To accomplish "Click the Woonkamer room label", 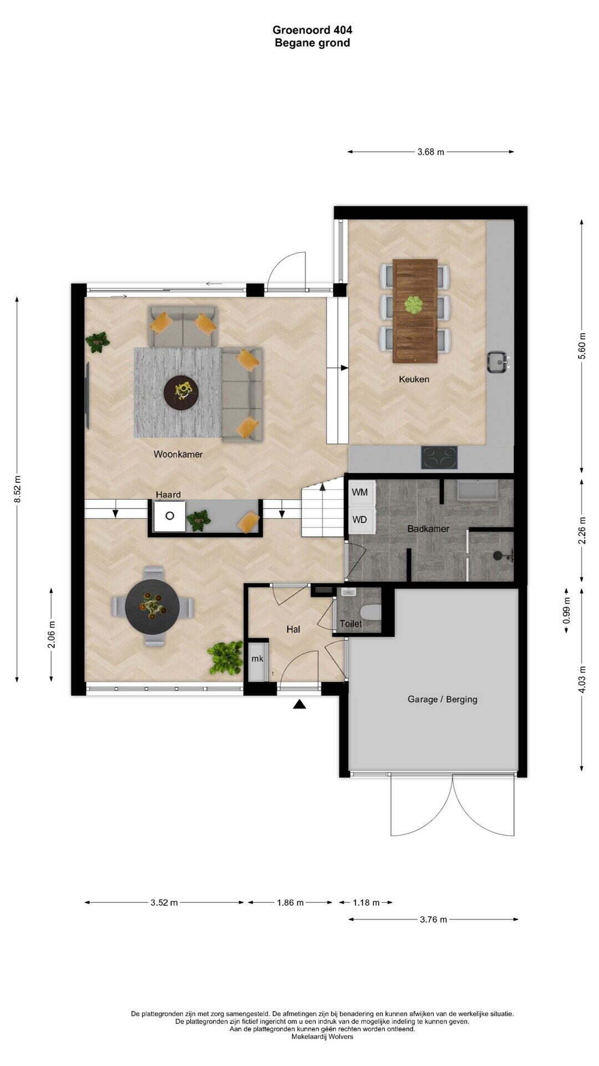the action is tap(178, 454).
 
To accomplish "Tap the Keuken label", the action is tap(414, 379).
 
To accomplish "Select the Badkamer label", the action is tap(428, 529).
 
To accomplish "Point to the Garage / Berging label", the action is tap(443, 699).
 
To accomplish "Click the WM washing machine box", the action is tap(361, 492).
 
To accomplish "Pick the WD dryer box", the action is tap(361, 520).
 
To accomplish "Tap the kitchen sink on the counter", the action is tap(498, 363).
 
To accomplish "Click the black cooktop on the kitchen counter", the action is tap(440, 458).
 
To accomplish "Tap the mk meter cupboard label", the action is tap(257, 659).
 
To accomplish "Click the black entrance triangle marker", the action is tap(299, 705).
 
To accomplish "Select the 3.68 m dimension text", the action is tap(431, 152).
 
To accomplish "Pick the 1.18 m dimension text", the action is tap(366, 902).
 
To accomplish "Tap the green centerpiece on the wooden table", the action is tap(413, 305).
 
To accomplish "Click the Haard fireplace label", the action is tap(168, 495).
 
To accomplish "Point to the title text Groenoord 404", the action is tap(312, 30).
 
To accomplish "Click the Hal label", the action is tap(293, 629).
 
